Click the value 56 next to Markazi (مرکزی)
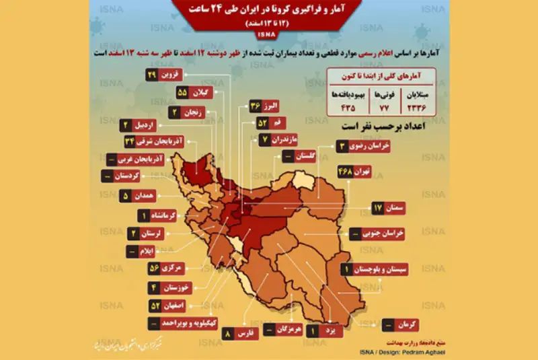coord(153,268)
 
